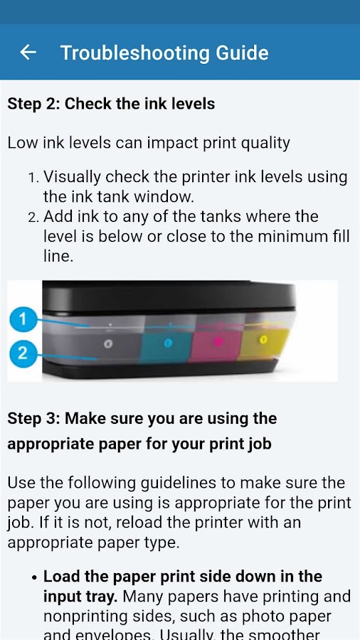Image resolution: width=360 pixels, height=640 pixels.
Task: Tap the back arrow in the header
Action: click(x=28, y=52)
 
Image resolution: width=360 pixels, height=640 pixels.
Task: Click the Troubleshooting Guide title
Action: click(x=164, y=53)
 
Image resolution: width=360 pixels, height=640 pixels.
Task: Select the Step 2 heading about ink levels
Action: click(x=111, y=104)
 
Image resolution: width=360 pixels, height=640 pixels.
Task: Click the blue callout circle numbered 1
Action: click(x=23, y=319)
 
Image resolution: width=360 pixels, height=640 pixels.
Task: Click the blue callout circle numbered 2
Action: click(x=23, y=353)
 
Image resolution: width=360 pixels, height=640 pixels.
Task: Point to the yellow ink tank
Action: click(x=264, y=341)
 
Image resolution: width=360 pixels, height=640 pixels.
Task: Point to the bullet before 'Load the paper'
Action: click(x=35, y=578)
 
